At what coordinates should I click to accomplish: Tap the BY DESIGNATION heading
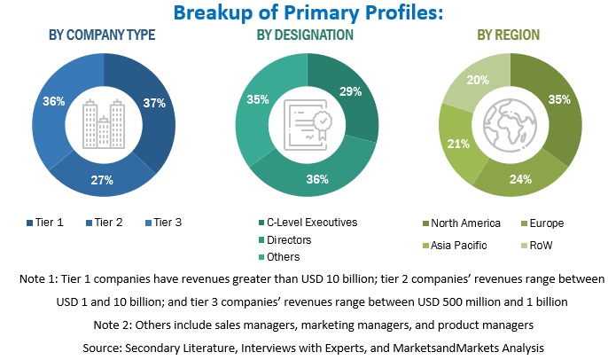[x=305, y=35]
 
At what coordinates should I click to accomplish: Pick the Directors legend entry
[x=290, y=239]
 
